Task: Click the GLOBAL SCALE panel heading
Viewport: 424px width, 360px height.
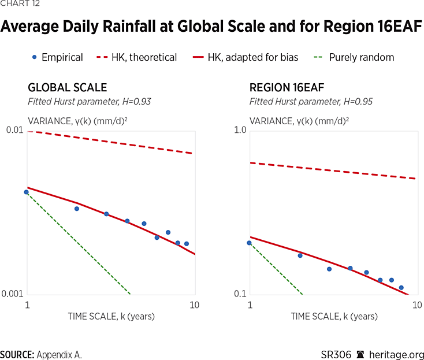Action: (67, 88)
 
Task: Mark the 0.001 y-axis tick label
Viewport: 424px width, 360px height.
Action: (12, 294)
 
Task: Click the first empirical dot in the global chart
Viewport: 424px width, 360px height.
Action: (26, 192)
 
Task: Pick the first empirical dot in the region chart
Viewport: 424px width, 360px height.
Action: (249, 243)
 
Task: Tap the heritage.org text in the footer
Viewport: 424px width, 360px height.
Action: (397, 354)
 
